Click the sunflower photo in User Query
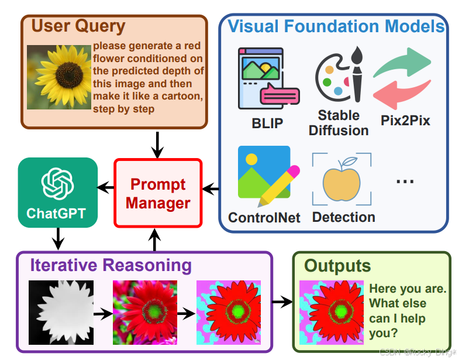point(59,77)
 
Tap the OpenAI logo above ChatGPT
point(58,184)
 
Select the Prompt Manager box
point(158,193)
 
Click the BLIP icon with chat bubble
point(268,78)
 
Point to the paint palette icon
point(339,75)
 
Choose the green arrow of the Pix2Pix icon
point(402,63)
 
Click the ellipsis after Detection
point(405,181)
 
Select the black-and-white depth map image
point(61,313)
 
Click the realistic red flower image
point(145,313)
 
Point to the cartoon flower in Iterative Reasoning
point(229,313)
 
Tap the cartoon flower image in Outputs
point(332,313)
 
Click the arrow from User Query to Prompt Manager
point(158,145)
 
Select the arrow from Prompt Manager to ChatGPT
point(105,187)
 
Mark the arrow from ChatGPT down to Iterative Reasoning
point(58,239)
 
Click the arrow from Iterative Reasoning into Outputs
point(282,301)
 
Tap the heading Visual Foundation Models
point(336,26)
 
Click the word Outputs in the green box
point(337,266)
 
